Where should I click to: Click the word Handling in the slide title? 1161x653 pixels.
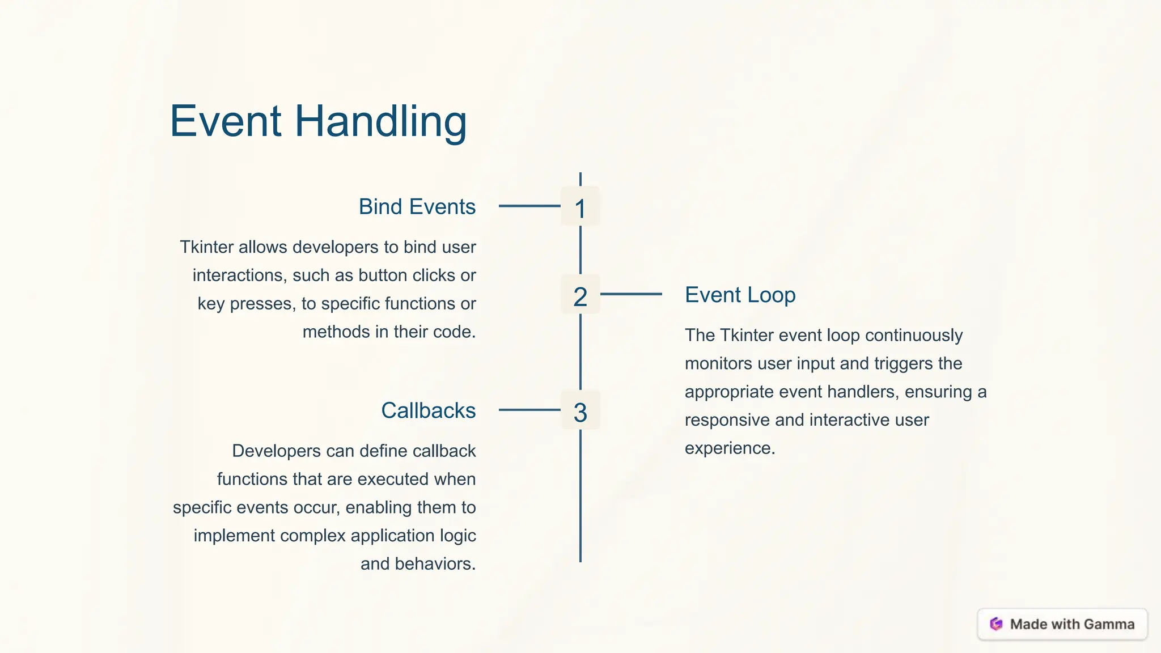[x=380, y=122]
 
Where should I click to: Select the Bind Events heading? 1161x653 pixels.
[x=417, y=207]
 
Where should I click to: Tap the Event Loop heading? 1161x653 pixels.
[x=740, y=295]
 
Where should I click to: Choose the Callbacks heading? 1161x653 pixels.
[x=428, y=410]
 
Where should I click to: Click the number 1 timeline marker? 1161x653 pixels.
[x=580, y=207]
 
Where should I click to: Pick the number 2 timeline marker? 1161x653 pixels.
[x=580, y=296]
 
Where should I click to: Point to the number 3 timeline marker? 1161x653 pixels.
[x=580, y=412]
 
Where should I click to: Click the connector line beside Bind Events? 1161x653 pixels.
[x=529, y=206]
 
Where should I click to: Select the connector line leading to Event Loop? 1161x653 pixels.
[x=631, y=294]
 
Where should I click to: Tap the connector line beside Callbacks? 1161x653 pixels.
[x=529, y=409]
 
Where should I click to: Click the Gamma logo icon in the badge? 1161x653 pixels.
[x=996, y=624]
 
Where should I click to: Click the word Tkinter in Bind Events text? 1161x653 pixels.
[x=206, y=247]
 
